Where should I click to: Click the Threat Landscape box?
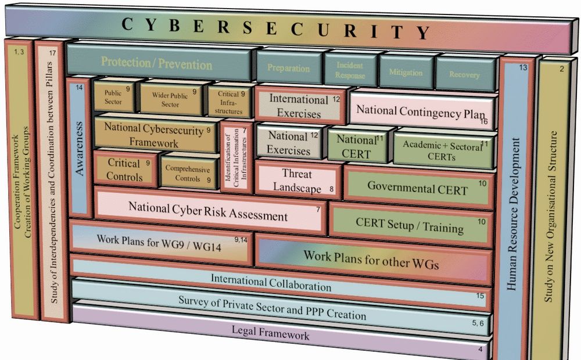point(297,181)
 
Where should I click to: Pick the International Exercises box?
point(299,106)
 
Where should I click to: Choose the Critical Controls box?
point(124,170)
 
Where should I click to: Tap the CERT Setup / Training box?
point(410,226)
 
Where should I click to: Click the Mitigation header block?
point(406,73)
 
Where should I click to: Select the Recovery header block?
point(465,74)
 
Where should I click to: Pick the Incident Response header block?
point(350,70)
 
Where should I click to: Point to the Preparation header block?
point(288,68)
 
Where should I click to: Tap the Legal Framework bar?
point(279,335)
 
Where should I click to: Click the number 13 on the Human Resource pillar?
point(523,68)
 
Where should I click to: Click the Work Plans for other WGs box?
point(371,258)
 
